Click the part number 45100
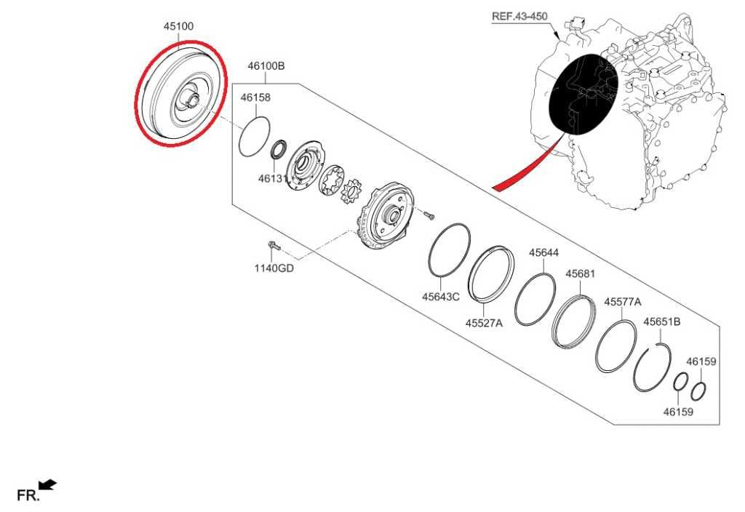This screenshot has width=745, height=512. pos(179,26)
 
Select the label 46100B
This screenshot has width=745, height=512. pos(266,66)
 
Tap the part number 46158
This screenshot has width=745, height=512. pos(255,97)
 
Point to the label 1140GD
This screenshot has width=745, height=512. pos(274,268)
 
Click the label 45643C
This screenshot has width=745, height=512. pos(441,297)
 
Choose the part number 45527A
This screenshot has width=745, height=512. pos(484,324)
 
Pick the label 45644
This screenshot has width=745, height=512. pos(544,252)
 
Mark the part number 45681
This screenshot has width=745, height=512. pos(580,274)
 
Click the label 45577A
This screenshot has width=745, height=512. pos(623,302)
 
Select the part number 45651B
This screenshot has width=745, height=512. pos(662,322)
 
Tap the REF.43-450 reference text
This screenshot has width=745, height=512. pos(519,16)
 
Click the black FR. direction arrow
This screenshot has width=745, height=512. pos(48,484)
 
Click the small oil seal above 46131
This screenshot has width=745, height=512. pos(279,149)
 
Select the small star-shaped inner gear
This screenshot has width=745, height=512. pos(353,191)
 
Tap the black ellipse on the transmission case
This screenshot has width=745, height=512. pos(583,94)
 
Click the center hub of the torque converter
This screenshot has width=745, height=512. pos(193,98)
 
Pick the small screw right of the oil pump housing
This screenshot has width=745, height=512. pos(429,215)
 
